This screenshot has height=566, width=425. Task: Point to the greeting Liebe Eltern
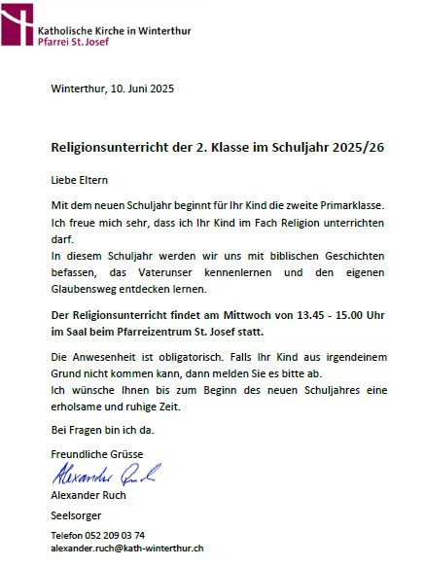tap(80, 180)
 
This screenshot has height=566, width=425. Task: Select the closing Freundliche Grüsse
tap(96, 455)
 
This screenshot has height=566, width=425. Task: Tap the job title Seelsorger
tap(75, 514)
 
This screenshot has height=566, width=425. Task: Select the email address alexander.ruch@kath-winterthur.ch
tap(126, 549)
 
